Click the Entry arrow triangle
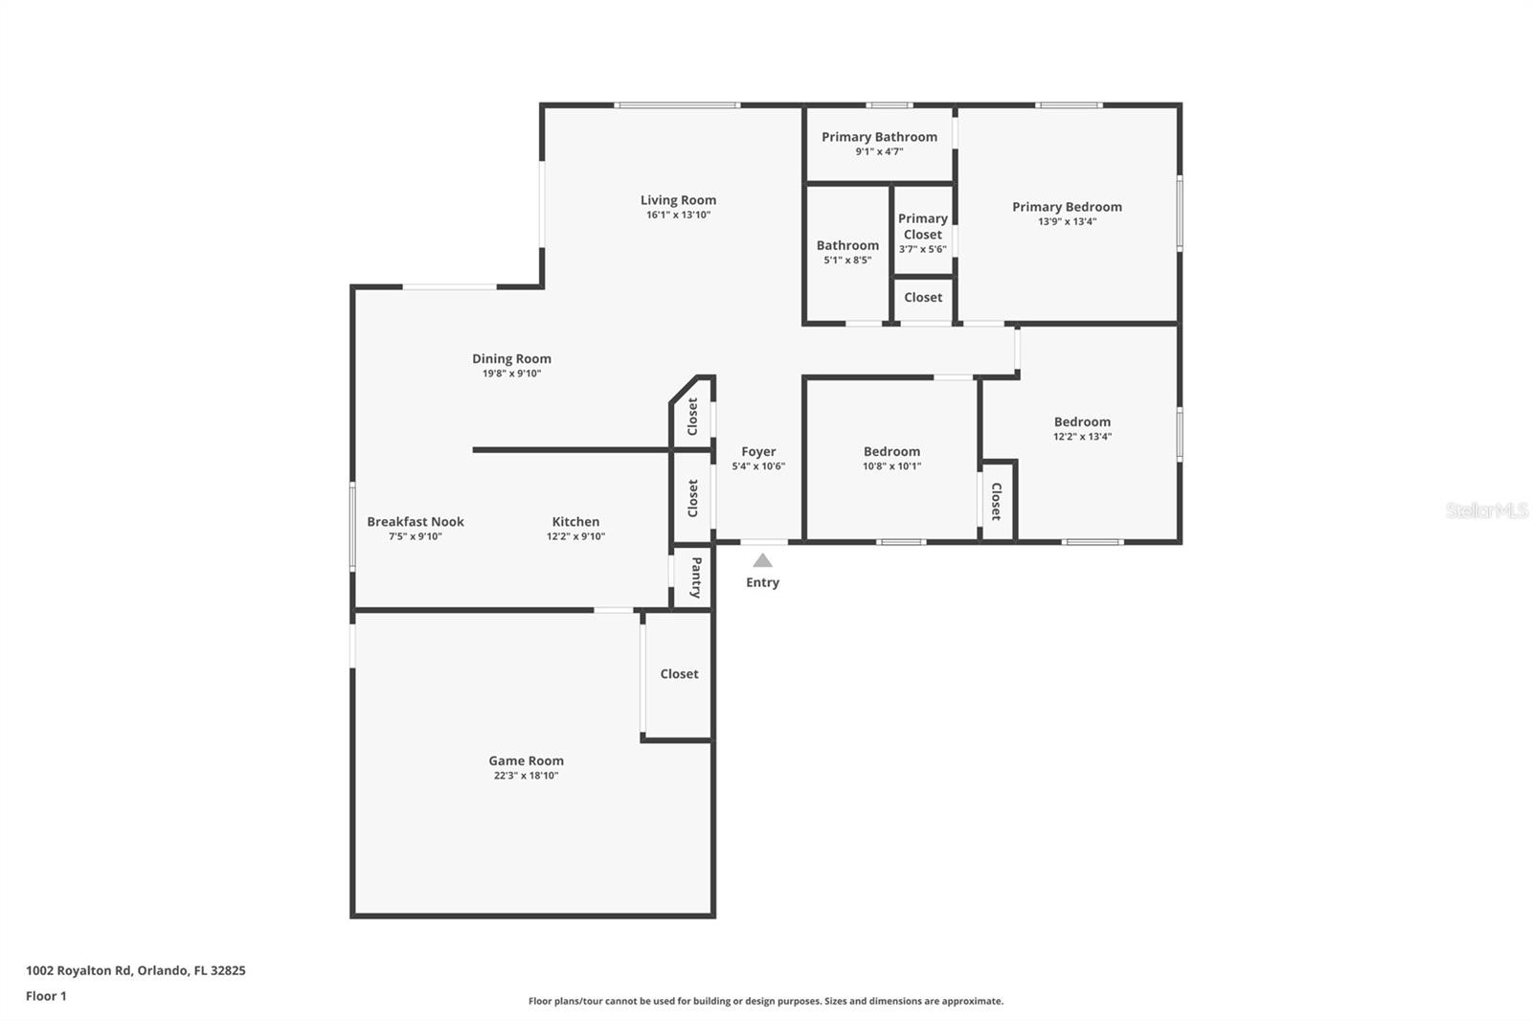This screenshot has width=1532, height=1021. point(762,561)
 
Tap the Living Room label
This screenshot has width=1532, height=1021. point(678,200)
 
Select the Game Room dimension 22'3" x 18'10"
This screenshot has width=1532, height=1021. point(526,776)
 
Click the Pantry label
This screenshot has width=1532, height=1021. point(696,578)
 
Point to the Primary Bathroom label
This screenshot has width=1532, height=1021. point(879,137)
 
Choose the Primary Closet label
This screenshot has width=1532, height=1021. point(922,226)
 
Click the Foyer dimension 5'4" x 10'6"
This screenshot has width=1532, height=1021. point(758,466)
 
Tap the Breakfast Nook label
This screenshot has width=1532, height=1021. point(416,522)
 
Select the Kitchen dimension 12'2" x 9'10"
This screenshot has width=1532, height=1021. point(575,536)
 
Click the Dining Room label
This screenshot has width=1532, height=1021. point(511,359)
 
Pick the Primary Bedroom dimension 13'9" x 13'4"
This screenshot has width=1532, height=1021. point(1067,221)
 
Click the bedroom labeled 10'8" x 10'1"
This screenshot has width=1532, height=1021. point(891,452)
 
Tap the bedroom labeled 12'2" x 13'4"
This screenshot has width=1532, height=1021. point(1082,422)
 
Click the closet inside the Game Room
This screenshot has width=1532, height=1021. point(679,674)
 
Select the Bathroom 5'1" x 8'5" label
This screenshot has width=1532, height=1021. point(847,246)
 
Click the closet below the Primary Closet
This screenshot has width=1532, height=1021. point(923,298)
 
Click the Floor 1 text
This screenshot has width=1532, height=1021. point(46,996)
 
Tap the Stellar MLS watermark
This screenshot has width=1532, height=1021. point(1486,510)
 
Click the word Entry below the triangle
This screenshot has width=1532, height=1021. point(762,582)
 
